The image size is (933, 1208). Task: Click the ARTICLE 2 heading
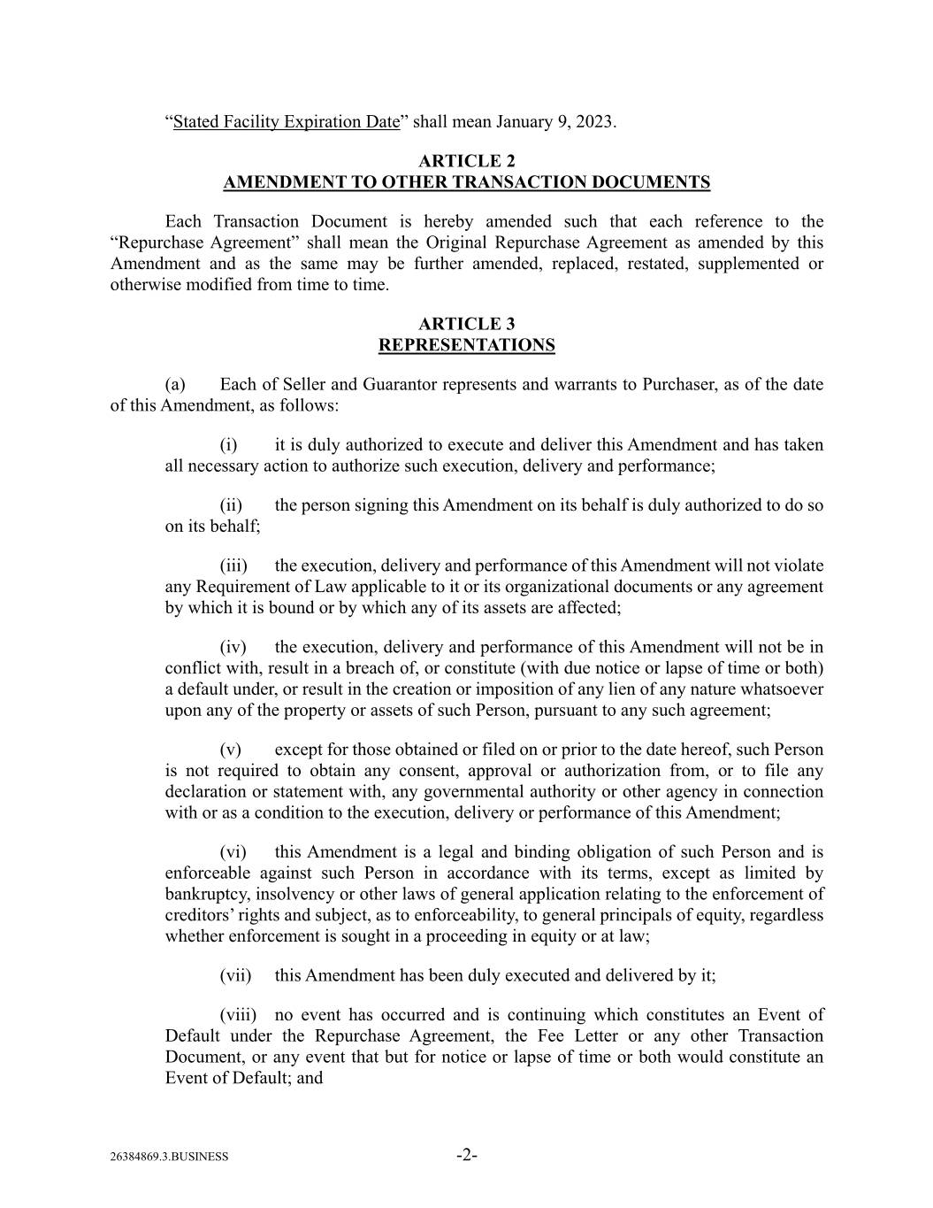(466, 161)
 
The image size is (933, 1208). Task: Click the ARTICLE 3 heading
(466, 324)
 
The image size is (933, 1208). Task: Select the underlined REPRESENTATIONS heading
(466, 345)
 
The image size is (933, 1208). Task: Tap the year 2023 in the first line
(594, 121)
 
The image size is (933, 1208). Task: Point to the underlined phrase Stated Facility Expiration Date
(287, 121)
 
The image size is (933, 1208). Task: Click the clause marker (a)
(175, 384)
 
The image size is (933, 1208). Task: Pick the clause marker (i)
(228, 445)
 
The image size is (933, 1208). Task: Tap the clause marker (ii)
(231, 505)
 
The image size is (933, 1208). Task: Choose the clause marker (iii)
(233, 566)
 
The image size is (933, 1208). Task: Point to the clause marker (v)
(230, 750)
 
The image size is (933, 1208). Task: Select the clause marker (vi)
(233, 852)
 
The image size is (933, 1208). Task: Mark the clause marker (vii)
(235, 975)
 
